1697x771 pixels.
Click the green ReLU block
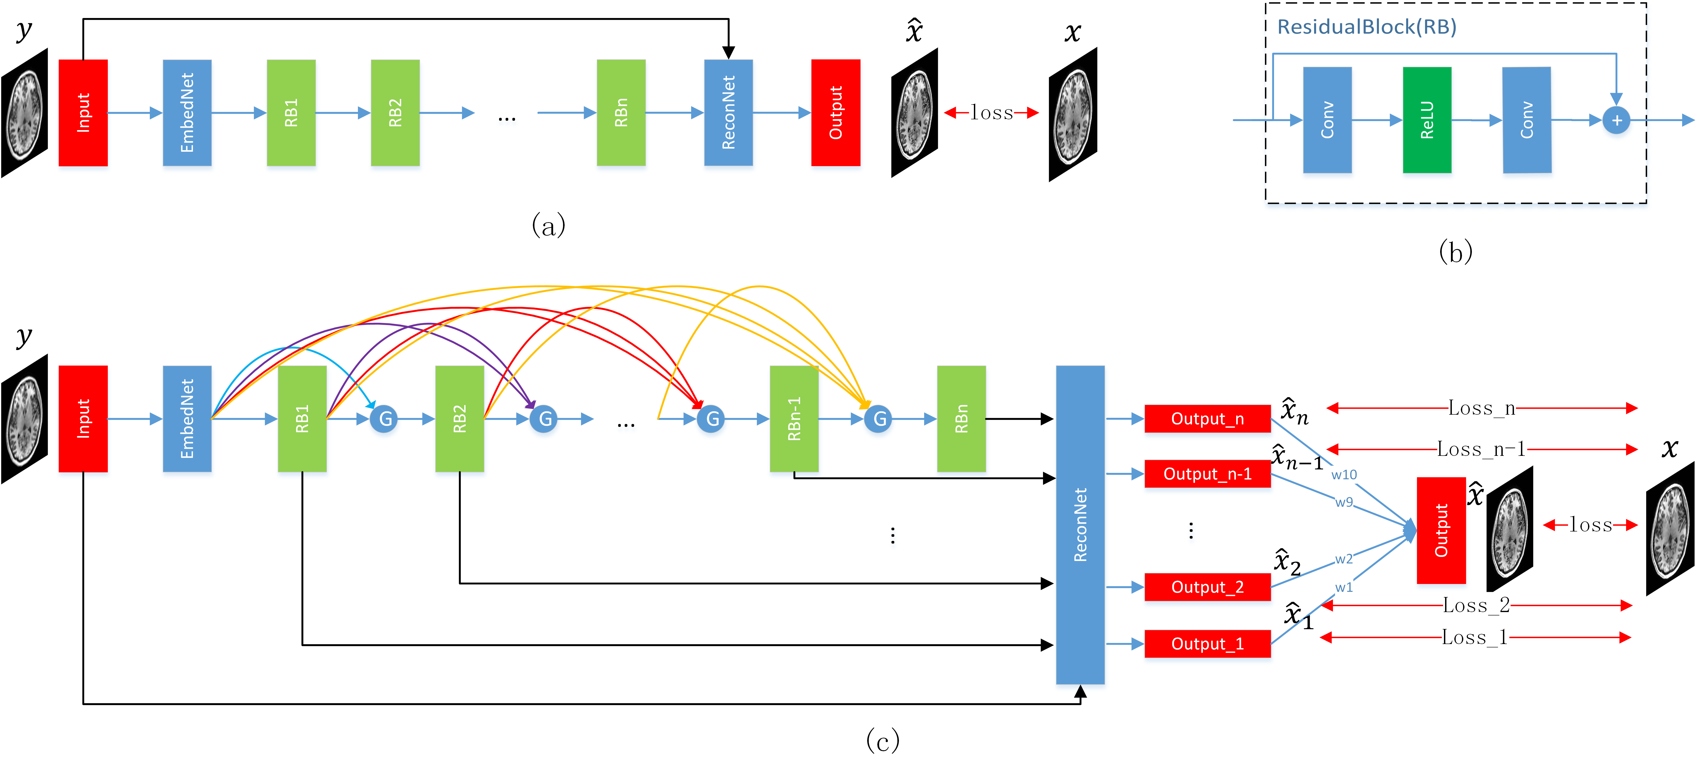pyautogui.click(x=1427, y=120)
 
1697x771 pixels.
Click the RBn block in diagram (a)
pyautogui.click(x=621, y=113)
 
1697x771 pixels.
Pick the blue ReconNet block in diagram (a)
pyautogui.click(x=728, y=113)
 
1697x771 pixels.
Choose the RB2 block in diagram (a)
pyautogui.click(x=395, y=113)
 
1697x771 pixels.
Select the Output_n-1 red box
pyautogui.click(x=1207, y=474)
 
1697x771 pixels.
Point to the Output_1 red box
pyautogui.click(x=1207, y=644)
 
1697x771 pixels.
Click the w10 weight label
pyautogui.click(x=1344, y=475)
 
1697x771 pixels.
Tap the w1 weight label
pyautogui.click(x=1344, y=587)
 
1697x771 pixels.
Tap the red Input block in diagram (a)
pyautogui.click(x=83, y=113)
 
